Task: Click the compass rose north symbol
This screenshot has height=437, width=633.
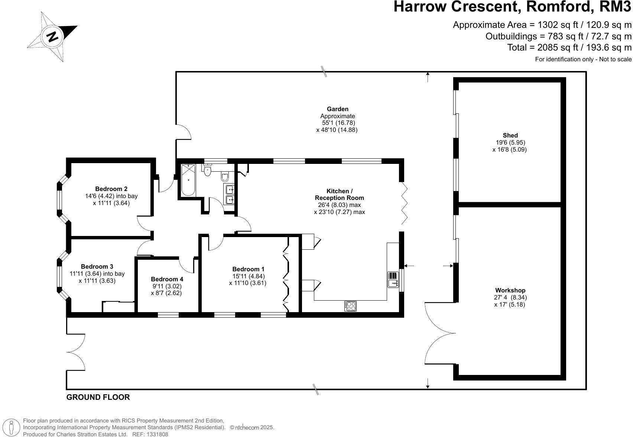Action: (52, 36)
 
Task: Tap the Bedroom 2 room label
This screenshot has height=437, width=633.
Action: (111, 189)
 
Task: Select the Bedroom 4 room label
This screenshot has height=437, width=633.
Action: (167, 279)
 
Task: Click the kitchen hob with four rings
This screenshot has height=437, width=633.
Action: (350, 306)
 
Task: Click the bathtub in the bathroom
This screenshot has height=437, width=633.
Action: (188, 180)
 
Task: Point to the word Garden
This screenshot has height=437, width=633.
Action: (337, 109)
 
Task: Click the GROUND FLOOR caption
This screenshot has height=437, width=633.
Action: (98, 397)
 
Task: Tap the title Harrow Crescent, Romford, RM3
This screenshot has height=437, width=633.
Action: (512, 7)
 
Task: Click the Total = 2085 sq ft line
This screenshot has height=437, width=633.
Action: (569, 48)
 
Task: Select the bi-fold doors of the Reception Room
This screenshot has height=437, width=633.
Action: (405, 203)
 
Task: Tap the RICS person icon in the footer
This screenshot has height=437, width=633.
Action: (12, 428)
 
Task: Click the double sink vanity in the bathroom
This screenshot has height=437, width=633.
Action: (230, 195)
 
